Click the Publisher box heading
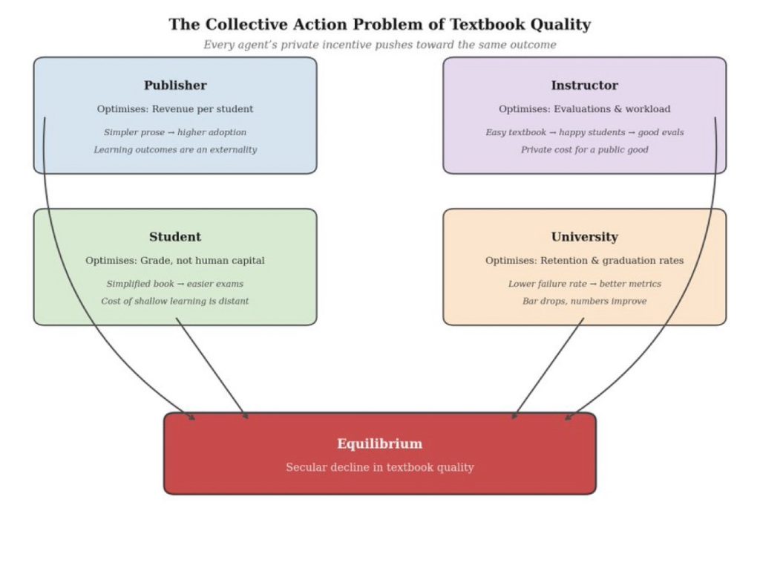pyautogui.click(x=175, y=85)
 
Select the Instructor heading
pyautogui.click(x=584, y=85)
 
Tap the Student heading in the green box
pyautogui.click(x=175, y=237)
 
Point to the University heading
pyautogui.click(x=584, y=237)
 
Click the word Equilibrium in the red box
pyautogui.click(x=379, y=443)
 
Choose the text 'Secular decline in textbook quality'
pyautogui.click(x=379, y=467)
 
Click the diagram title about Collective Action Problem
pyautogui.click(x=379, y=25)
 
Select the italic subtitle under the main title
pyautogui.click(x=379, y=45)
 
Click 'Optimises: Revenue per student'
pyautogui.click(x=175, y=109)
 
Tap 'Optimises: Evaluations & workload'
pyautogui.click(x=584, y=109)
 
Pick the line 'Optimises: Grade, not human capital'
pyautogui.click(x=175, y=261)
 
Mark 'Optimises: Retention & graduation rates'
pyautogui.click(x=584, y=261)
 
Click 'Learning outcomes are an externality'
pyautogui.click(x=175, y=149)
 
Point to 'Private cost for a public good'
pyautogui.click(x=584, y=149)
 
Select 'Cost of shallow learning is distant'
pyautogui.click(x=175, y=301)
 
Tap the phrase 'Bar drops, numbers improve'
pyautogui.click(x=584, y=301)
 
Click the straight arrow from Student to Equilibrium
pyautogui.click(x=212, y=368)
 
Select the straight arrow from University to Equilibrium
pyautogui.click(x=548, y=368)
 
